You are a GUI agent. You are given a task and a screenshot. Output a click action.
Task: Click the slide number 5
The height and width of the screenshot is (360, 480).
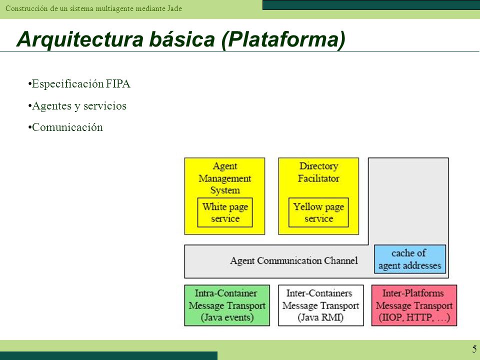pyautogui.click(x=474, y=349)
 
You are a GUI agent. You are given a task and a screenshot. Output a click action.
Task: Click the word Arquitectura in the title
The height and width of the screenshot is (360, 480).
pyautogui.click(x=80, y=39)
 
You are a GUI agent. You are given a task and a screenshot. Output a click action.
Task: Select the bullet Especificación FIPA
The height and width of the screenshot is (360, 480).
pyautogui.click(x=79, y=84)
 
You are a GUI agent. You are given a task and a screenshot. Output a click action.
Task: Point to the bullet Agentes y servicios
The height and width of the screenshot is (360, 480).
pyautogui.click(x=77, y=106)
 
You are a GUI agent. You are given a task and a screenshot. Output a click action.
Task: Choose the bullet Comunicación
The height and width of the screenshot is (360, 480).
pyautogui.click(x=65, y=127)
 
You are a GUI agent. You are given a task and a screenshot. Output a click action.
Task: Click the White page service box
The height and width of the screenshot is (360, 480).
pyautogui.click(x=225, y=212)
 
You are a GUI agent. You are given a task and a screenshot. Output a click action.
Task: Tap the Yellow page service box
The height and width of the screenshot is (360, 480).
pyautogui.click(x=318, y=212)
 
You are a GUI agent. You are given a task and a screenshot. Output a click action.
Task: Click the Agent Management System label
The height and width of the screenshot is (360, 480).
pyautogui.click(x=225, y=178)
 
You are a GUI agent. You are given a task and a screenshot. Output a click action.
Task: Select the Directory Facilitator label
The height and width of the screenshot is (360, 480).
pyautogui.click(x=318, y=172)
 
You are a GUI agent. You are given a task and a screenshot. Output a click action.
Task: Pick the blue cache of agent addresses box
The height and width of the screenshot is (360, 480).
pyautogui.click(x=410, y=259)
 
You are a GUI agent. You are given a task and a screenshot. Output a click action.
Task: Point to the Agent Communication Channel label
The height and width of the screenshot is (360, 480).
pyautogui.click(x=294, y=261)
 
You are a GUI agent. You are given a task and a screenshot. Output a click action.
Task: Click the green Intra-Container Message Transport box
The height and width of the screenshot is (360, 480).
pyautogui.click(x=227, y=305)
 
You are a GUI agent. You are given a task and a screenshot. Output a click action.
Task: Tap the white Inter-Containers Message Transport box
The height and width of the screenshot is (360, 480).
pyautogui.click(x=321, y=305)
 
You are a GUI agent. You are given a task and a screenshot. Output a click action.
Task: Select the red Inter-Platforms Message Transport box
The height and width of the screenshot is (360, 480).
pyautogui.click(x=414, y=305)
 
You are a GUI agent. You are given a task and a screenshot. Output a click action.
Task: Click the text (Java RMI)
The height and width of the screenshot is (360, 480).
pyautogui.click(x=320, y=317)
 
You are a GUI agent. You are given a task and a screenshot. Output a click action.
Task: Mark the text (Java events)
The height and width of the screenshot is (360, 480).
pyautogui.click(x=227, y=317)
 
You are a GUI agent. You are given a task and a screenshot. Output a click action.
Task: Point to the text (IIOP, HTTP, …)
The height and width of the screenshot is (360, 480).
pyautogui.click(x=414, y=317)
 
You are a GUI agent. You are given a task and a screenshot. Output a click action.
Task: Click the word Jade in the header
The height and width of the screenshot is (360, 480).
pyautogui.click(x=174, y=8)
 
